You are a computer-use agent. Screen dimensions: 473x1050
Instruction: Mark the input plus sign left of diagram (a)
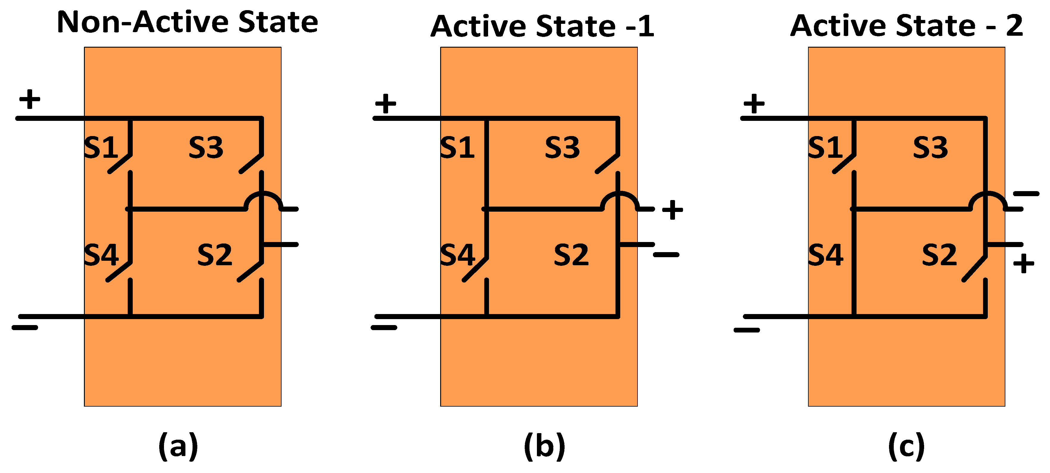pos(30,99)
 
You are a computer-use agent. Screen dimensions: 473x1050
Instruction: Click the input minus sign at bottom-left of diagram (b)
pos(384,327)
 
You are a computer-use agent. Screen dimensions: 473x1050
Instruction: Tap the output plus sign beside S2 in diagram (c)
pos(1024,263)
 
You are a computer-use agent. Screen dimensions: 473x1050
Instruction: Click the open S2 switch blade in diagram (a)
pos(250,271)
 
